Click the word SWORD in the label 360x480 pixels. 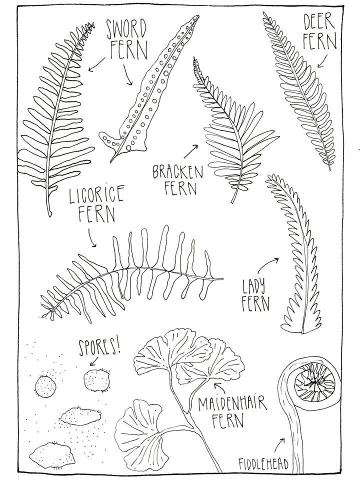(x=126, y=29)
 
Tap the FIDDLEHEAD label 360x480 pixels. (x=263, y=464)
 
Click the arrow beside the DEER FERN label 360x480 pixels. (x=322, y=61)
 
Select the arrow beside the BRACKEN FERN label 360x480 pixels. (x=190, y=151)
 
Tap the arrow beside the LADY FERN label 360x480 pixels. (x=267, y=265)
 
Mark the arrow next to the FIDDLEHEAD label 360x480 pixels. (x=279, y=445)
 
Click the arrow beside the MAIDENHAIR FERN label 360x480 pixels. (x=221, y=387)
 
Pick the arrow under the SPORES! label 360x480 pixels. (x=94, y=361)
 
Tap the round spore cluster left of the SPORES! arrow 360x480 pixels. (x=45, y=386)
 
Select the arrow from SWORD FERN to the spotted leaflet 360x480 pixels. (x=128, y=74)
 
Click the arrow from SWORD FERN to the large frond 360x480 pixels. (x=96, y=64)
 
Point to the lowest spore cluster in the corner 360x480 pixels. (x=52, y=455)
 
